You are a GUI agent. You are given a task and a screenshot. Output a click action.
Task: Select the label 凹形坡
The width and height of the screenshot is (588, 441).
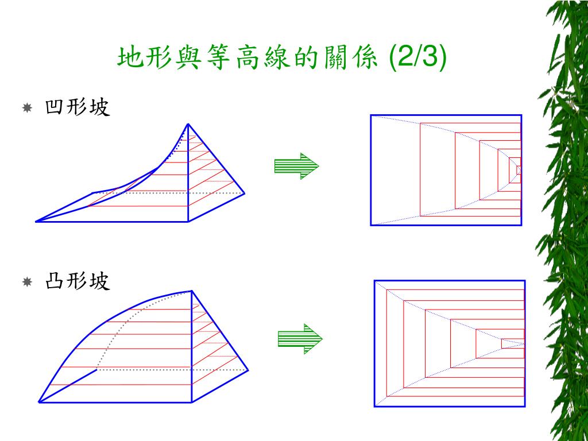76,107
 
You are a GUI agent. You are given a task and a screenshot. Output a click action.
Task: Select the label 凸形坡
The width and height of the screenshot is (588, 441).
76,282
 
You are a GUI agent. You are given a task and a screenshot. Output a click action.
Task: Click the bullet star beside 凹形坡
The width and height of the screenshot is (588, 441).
27,107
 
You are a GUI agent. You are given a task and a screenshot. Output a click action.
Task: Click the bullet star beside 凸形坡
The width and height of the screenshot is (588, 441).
27,282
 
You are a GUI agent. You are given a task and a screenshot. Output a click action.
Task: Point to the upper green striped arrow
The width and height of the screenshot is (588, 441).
296,167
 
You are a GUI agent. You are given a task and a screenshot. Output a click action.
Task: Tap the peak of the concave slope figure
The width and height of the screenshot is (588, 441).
188,124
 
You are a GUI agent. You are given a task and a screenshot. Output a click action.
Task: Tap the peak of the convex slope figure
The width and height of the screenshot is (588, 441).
191,291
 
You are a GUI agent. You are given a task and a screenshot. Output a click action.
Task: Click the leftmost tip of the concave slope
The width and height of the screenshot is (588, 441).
36,221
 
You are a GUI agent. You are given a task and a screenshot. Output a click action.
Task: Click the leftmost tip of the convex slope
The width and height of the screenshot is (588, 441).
39,402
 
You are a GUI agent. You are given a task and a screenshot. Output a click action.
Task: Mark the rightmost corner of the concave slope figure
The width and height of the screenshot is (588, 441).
246,194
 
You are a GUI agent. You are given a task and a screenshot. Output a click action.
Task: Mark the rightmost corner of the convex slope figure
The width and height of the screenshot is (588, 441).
249,370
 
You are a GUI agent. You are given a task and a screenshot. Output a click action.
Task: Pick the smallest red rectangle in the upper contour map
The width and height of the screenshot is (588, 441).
519,170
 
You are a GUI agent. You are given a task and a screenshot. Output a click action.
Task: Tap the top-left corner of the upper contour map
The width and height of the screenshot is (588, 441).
372,115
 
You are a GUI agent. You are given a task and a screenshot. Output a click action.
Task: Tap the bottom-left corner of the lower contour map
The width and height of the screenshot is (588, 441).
375,407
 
